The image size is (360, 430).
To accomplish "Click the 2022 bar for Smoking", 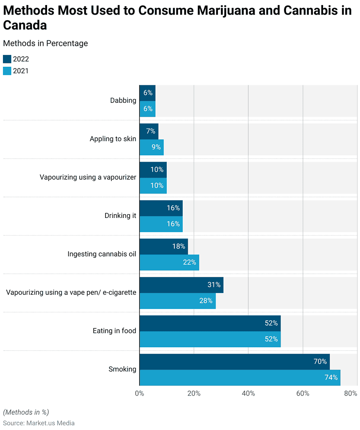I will click(234, 362).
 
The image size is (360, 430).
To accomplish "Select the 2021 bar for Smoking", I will click(240, 378).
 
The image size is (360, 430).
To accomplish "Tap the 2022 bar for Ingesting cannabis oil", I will click(163, 246).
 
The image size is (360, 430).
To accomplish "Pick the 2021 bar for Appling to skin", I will click(151, 147).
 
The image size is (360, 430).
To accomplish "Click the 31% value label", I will click(214, 285).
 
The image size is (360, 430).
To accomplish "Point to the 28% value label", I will click(206, 301).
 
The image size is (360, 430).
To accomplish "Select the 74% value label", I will click(331, 378).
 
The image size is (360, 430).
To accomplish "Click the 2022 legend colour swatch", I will click(7, 59).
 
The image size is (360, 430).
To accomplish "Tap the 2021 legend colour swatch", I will click(7, 71).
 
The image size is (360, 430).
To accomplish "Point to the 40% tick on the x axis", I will click(248, 393).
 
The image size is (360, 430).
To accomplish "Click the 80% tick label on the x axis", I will click(350, 393).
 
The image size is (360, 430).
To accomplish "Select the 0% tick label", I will click(139, 393).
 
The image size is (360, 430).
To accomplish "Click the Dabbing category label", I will click(123, 100).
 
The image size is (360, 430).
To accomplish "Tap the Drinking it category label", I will click(120, 215).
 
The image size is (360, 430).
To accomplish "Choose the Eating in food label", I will click(114, 331).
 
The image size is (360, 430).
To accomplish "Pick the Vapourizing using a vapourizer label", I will click(88, 177).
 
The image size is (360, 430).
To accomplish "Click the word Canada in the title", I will click(25, 25).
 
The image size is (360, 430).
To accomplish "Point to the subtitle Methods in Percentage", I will click(45, 43).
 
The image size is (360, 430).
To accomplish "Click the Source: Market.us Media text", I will click(39, 423).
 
